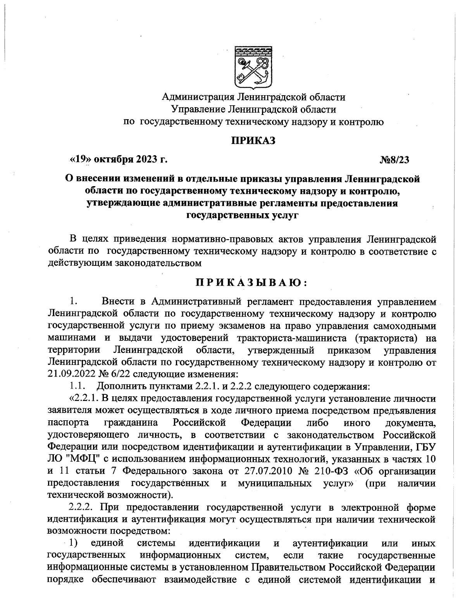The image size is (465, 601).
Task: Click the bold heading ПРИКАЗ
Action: [x=253, y=141]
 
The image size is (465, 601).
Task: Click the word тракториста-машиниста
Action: [x=291, y=338]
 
